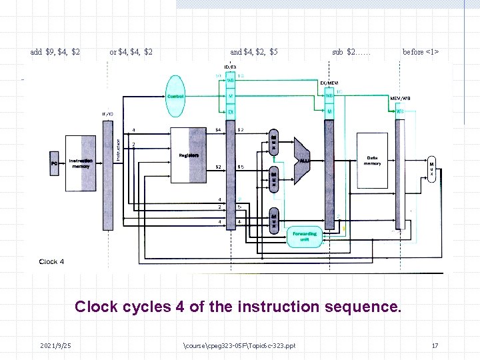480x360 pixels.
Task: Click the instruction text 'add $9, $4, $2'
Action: click(55, 52)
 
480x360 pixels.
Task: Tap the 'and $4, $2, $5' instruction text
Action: click(254, 52)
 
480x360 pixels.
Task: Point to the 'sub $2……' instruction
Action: click(351, 52)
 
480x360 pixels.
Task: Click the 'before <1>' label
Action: click(421, 52)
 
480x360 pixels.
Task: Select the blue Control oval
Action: click(175, 97)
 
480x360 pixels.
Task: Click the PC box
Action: click(55, 163)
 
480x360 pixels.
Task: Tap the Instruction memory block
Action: click(81, 163)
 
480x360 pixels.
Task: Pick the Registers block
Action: click(189, 155)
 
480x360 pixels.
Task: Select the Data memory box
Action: click(372, 160)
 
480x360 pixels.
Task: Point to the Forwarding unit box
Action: click(305, 236)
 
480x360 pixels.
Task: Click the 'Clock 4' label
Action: click(52, 261)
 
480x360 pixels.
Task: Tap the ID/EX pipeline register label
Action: click(230, 67)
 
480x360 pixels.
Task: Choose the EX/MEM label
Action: click(329, 83)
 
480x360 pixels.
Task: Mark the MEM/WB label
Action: click(400, 98)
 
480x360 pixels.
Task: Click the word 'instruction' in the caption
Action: click(289, 307)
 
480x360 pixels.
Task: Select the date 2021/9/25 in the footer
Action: click(56, 345)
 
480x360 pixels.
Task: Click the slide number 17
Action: click(435, 345)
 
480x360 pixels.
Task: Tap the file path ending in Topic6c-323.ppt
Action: click(239, 345)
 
